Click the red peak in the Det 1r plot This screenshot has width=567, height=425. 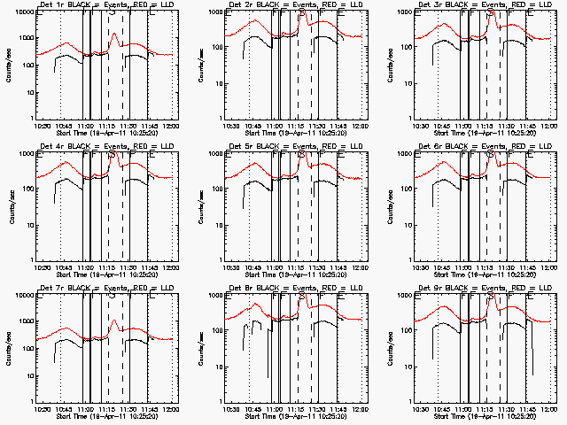coord(113,35)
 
